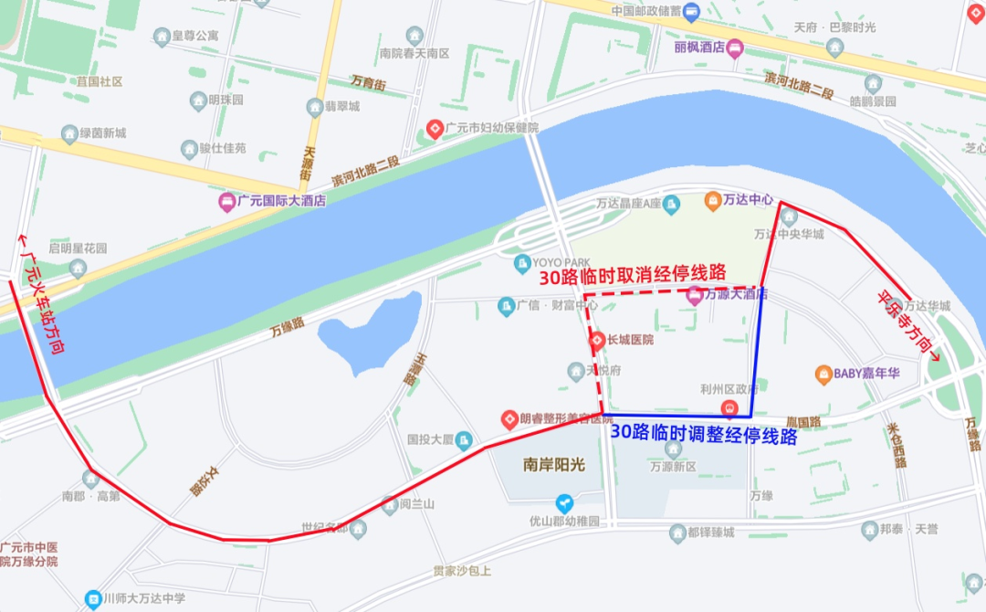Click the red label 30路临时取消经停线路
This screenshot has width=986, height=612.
click(x=633, y=273)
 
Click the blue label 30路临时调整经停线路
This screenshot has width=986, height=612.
click(x=704, y=435)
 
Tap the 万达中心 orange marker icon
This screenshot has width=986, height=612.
click(x=712, y=198)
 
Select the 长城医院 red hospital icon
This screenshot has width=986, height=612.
click(x=597, y=340)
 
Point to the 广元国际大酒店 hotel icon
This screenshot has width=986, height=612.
click(x=226, y=201)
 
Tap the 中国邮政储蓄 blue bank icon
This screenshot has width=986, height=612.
click(x=691, y=12)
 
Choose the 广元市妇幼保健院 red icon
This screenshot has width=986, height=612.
click(x=435, y=128)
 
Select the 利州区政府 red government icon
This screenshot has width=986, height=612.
click(x=729, y=407)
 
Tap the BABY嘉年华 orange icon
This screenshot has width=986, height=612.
click(x=823, y=374)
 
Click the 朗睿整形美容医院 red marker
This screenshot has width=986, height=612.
click(x=509, y=419)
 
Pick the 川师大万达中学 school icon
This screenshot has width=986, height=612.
click(x=92, y=599)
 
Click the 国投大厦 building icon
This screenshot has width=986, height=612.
click(x=463, y=440)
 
